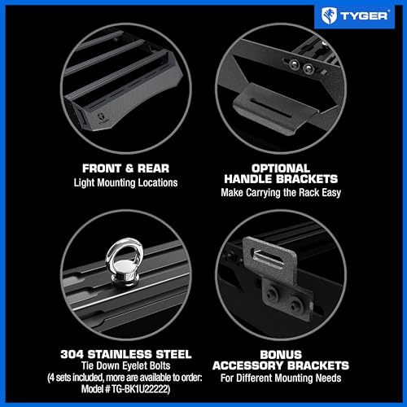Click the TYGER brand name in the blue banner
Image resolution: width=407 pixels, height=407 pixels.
pyautogui.click(x=364, y=15)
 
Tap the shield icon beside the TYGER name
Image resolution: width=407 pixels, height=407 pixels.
pyautogui.click(x=329, y=15)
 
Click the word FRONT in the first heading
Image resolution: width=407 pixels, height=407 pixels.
pyautogui.click(x=102, y=168)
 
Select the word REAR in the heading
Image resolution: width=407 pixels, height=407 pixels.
pyautogui.click(x=153, y=168)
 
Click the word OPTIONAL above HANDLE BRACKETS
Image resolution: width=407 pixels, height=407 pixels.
pyautogui.click(x=281, y=168)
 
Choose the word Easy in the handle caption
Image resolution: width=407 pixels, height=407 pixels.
pyautogui.click(x=331, y=193)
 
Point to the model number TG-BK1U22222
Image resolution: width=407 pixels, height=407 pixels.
pyautogui.click(x=140, y=389)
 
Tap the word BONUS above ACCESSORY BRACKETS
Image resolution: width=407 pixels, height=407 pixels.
pyautogui.click(x=281, y=355)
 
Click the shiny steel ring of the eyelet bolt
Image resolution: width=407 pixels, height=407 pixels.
pyautogui.click(x=109, y=257)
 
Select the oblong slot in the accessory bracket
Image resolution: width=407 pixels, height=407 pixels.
pyautogui.click(x=267, y=256)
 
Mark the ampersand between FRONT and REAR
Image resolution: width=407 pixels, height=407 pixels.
pyautogui.click(x=129, y=168)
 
